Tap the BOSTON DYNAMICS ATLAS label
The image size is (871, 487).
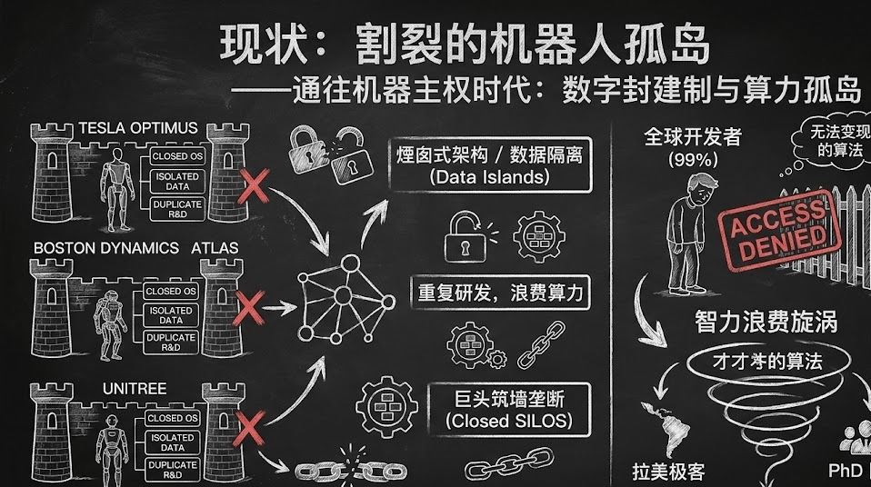[135, 247]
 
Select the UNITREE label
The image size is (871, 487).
[135, 389]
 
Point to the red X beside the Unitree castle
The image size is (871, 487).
[249, 424]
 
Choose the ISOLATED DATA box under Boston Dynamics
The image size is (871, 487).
[171, 315]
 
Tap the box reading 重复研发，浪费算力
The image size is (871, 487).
[500, 294]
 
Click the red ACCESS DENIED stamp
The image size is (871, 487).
[779, 231]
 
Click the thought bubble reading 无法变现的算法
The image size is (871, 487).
[829, 141]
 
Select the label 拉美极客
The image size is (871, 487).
[668, 472]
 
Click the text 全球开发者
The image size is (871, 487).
[693, 136]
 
